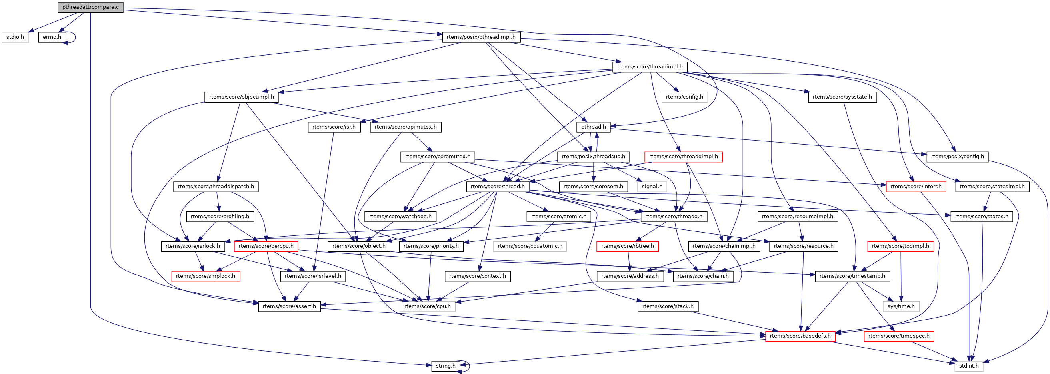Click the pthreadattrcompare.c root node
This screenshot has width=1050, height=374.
(x=90, y=7)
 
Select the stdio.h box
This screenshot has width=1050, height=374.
(x=15, y=37)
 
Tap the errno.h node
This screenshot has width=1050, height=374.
(x=52, y=37)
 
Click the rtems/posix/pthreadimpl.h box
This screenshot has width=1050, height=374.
(x=481, y=37)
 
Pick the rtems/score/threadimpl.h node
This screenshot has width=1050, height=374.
(x=650, y=67)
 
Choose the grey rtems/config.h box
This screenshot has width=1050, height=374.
(x=684, y=97)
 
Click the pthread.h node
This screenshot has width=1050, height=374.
(x=593, y=127)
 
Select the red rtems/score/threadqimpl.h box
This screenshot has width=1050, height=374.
(x=683, y=157)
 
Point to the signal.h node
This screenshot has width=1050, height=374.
(x=652, y=186)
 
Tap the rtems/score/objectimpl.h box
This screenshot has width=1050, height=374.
(x=241, y=97)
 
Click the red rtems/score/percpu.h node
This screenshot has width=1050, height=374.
(x=266, y=246)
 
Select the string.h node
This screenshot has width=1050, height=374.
(x=446, y=366)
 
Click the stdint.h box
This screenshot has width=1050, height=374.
(x=968, y=366)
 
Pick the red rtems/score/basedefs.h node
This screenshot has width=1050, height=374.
(x=800, y=336)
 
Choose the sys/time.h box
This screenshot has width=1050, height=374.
(x=901, y=306)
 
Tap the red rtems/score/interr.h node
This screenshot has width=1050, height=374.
(x=916, y=186)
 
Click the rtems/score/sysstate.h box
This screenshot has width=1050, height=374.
(x=842, y=97)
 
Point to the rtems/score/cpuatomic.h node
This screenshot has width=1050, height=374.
(x=530, y=246)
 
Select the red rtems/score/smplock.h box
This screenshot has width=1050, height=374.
(x=206, y=276)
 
